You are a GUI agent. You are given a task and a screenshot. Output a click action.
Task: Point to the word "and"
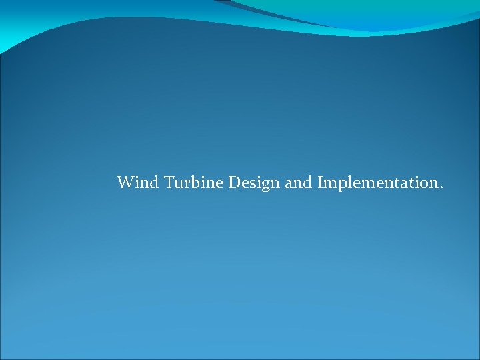pyautogui.click(x=299, y=182)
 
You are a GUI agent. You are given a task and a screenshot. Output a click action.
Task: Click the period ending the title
pyautogui.click(x=439, y=187)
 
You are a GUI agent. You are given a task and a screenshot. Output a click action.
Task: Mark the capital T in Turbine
pyautogui.click(x=169, y=182)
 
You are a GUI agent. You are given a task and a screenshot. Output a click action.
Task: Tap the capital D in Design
pyautogui.click(x=235, y=182)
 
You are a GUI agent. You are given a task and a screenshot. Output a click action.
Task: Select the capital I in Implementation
pyautogui.click(x=321, y=182)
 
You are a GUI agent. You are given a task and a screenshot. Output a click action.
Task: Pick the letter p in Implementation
pyautogui.click(x=339, y=184)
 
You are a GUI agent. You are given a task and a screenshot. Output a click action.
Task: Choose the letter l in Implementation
pyautogui.click(x=347, y=181)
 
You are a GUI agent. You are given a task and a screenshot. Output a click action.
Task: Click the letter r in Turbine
pyautogui.click(x=187, y=183)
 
